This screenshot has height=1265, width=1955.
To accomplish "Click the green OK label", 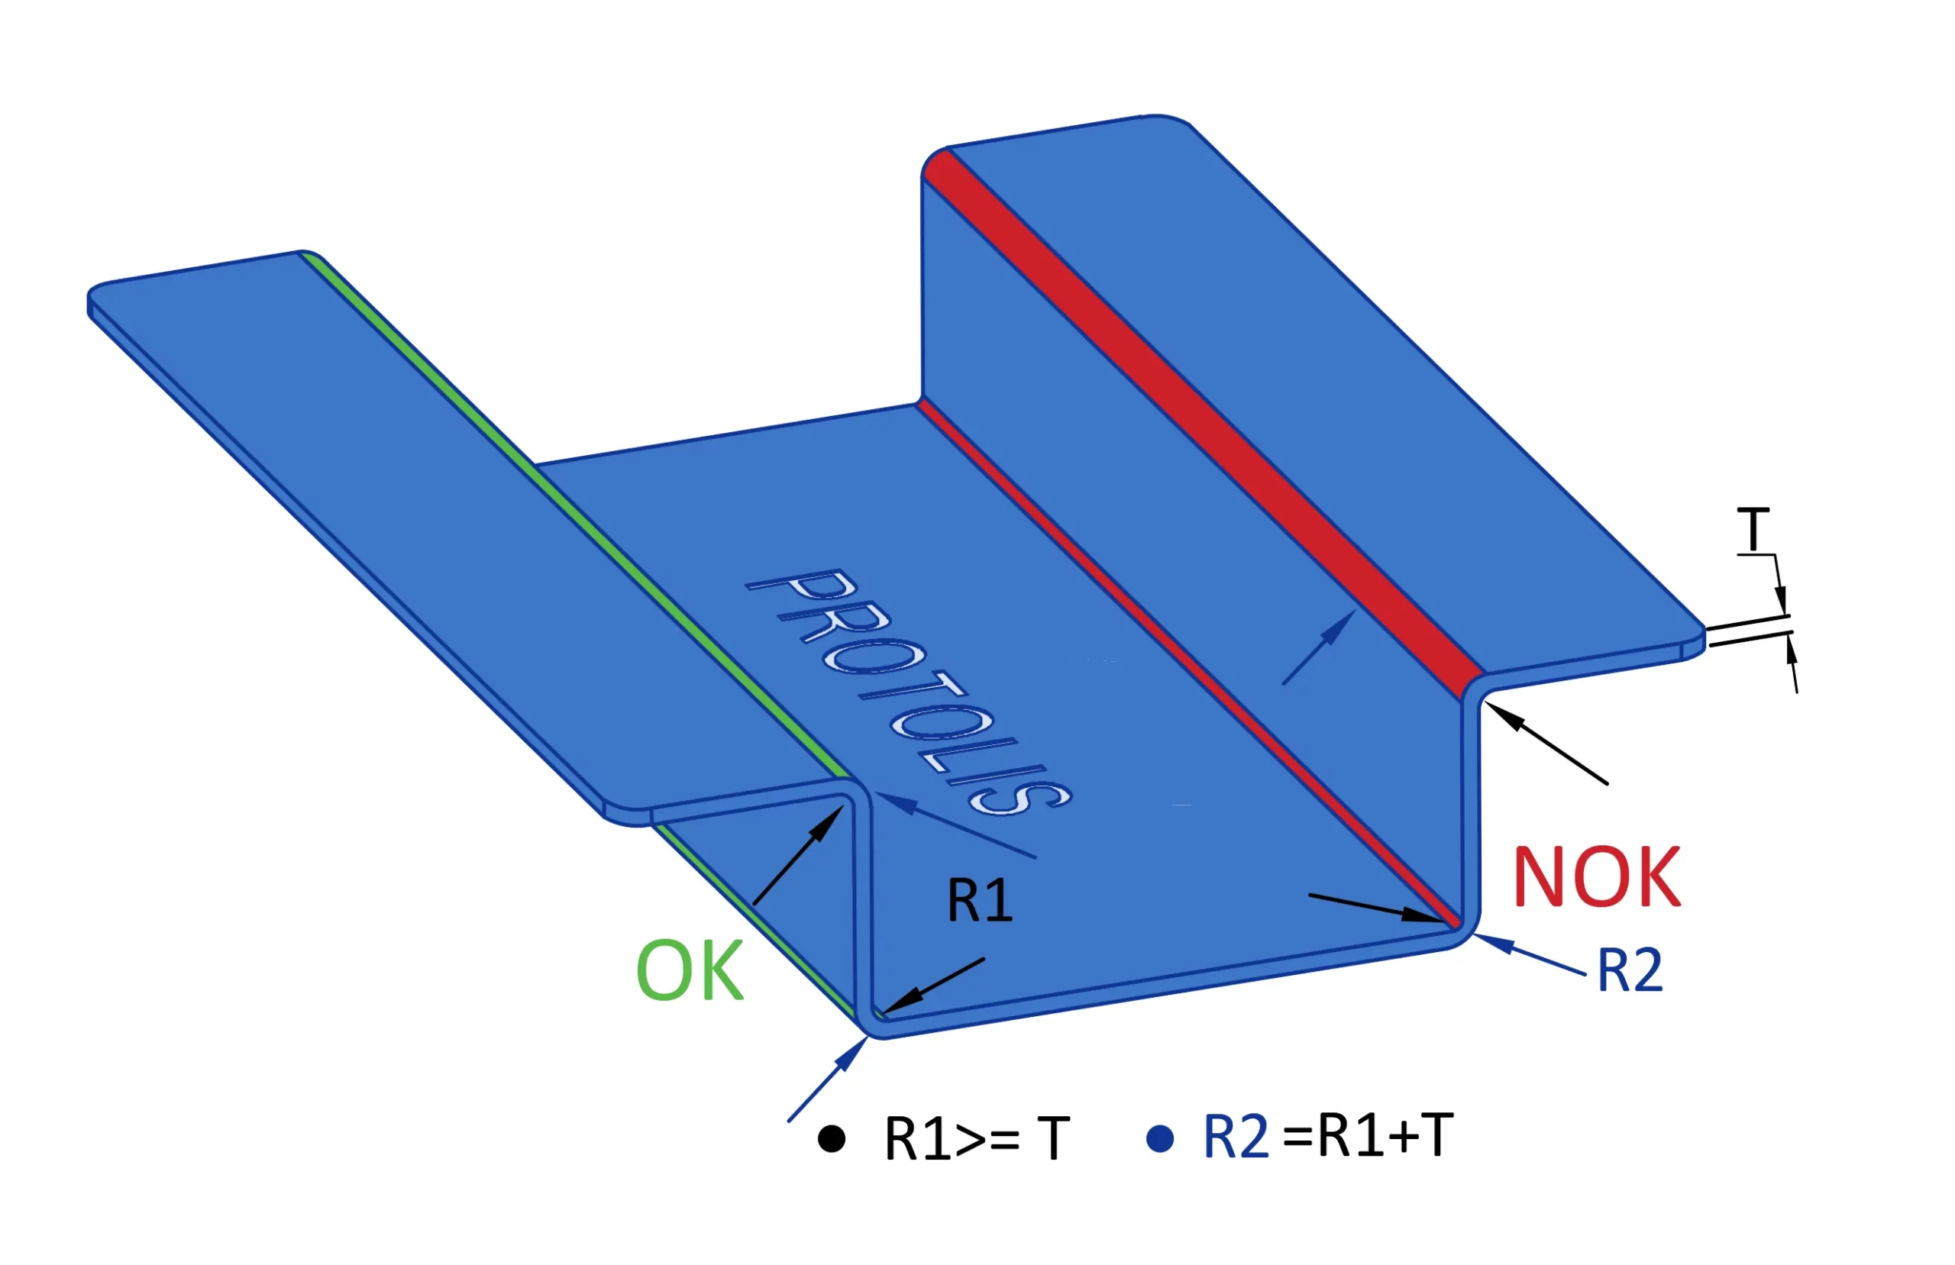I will tap(690, 971).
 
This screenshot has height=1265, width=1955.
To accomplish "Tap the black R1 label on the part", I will tap(980, 900).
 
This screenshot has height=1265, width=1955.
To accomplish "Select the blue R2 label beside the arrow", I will tap(1630, 970).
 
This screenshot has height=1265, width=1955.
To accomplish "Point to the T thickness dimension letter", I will tap(1753, 530).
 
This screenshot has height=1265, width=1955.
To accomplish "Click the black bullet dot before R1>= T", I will tap(832, 1139).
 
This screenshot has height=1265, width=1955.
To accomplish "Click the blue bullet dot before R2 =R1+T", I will tap(1159, 1139).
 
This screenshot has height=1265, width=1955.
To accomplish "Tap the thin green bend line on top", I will tap(575, 518).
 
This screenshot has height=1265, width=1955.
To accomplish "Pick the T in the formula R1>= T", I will tap(1053, 1139).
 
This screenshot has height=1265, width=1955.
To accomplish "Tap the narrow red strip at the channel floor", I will tap(1191, 666).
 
